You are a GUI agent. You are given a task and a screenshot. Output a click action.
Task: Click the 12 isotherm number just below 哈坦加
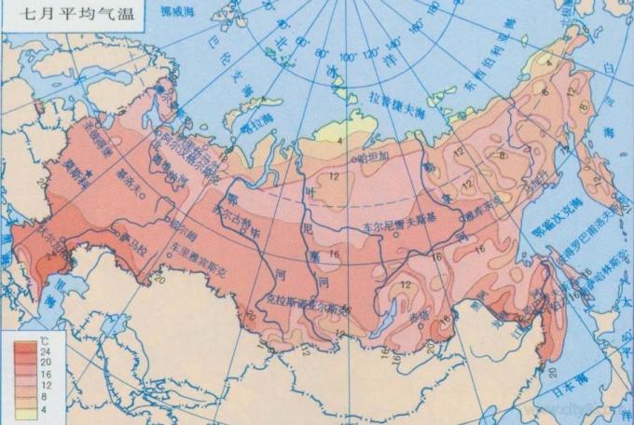pos(333,176)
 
